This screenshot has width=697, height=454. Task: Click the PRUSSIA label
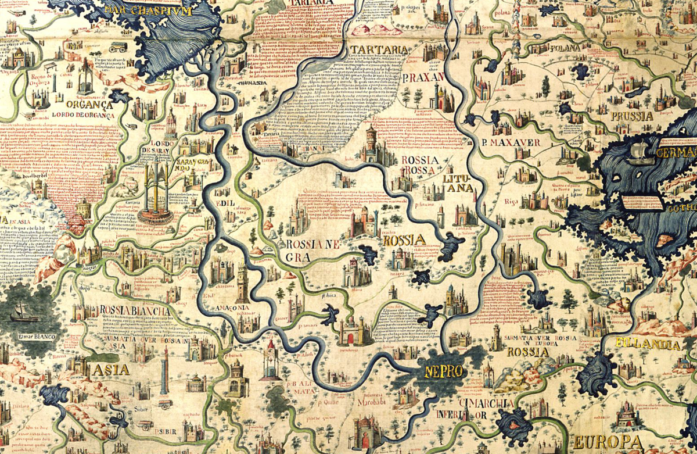tap(632, 116)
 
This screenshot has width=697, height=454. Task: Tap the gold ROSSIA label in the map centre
tap(404, 239)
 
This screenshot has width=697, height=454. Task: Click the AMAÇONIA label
tap(232, 308)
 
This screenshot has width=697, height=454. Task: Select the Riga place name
tap(511, 201)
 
